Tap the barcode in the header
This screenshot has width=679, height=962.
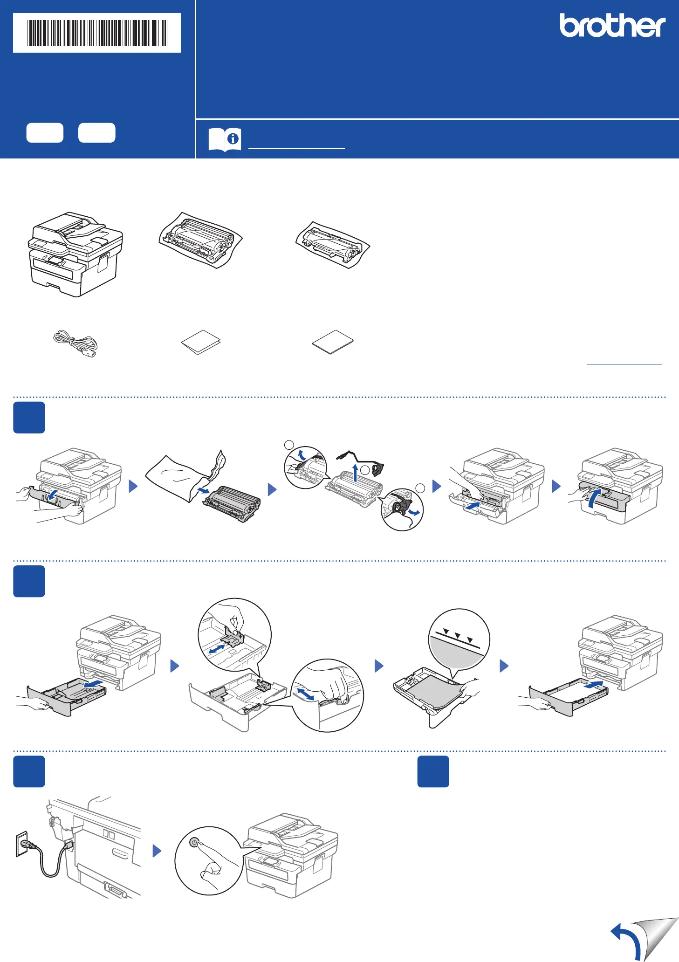(97, 33)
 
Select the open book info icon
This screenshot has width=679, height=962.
(225, 139)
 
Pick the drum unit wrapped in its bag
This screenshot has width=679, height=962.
(200, 240)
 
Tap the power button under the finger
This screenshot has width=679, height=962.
(195, 843)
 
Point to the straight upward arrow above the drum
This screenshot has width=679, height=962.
(356, 473)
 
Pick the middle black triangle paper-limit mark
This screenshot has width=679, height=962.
(458, 635)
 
